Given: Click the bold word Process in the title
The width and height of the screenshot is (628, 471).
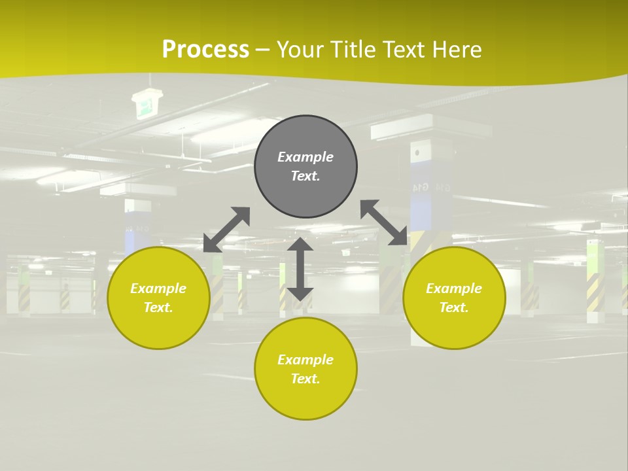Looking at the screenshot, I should click(x=205, y=50).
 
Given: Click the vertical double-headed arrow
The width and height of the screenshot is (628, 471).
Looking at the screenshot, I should click(x=300, y=269).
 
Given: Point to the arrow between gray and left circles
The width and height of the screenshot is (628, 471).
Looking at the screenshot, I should click(x=226, y=230).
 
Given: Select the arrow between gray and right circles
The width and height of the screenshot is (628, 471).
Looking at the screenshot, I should click(x=384, y=222).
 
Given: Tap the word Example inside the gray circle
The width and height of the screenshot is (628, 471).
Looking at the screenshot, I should click(x=305, y=157).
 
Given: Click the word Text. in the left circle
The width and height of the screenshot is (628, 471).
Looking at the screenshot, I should click(x=158, y=307).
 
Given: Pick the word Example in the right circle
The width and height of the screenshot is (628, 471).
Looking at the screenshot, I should click(x=454, y=288).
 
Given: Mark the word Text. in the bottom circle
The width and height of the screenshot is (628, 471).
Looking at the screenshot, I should click(x=305, y=379).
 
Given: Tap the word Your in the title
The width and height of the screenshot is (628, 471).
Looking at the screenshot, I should click(x=299, y=50).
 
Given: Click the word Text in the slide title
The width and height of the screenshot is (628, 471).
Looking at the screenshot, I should click(x=405, y=50).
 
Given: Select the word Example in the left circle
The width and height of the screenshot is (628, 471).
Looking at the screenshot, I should click(x=158, y=288).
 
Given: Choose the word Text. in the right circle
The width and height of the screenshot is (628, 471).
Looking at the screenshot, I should click(x=454, y=307).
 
